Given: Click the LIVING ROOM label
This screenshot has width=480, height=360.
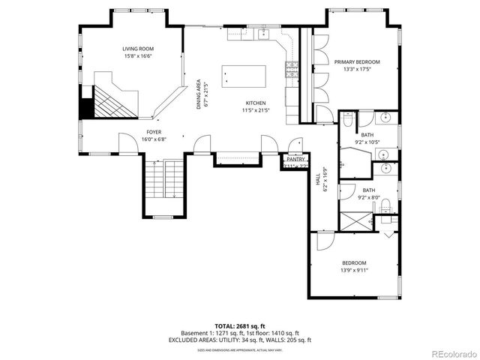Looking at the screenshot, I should [138, 48].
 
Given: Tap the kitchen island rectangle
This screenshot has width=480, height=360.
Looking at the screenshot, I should [244, 76].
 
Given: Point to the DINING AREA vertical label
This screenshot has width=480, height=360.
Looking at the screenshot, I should [199, 94].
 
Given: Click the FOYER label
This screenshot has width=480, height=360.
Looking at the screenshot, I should [154, 131].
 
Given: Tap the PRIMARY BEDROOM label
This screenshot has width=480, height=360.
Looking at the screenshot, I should [356, 61].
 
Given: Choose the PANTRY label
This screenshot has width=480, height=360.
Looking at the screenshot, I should [295, 159].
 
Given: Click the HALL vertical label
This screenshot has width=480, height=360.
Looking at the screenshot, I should [318, 181].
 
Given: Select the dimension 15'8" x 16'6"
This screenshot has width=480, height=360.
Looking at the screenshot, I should [138, 55].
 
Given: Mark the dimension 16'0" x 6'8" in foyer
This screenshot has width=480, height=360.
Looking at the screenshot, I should [154, 139].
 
